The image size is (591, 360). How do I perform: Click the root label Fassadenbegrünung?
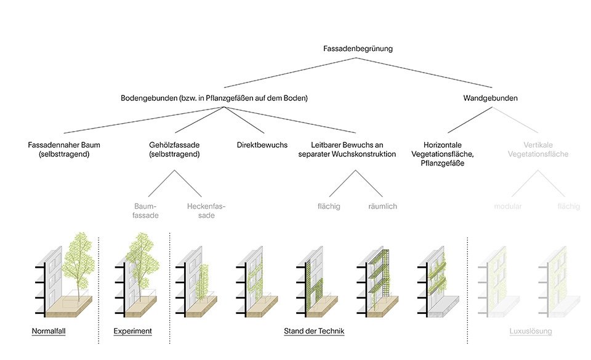pyautogui.click(x=358, y=48)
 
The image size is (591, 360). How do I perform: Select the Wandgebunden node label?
pyautogui.click(x=490, y=98)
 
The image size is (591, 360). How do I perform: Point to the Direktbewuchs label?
pyautogui.click(x=262, y=145)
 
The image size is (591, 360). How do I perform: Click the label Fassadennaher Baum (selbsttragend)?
pyautogui.click(x=64, y=150)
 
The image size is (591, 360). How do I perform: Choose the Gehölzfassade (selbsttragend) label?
pyautogui.click(x=174, y=150)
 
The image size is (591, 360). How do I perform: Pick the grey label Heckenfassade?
pyautogui.click(x=206, y=210)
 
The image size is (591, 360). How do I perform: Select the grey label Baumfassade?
pyautogui.click(x=146, y=210)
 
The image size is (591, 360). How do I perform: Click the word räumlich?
pyautogui.click(x=382, y=206)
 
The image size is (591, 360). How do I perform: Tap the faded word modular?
pyautogui.click(x=508, y=206)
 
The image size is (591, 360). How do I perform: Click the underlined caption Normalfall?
pyautogui.click(x=49, y=332)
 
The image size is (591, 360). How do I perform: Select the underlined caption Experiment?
pyautogui.click(x=132, y=332)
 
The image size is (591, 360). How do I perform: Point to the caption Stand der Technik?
pyautogui.click(x=314, y=332)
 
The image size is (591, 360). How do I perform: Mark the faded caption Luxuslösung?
pyautogui.click(x=531, y=332)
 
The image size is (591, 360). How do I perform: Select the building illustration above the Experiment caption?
pyautogui.click(x=139, y=274)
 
